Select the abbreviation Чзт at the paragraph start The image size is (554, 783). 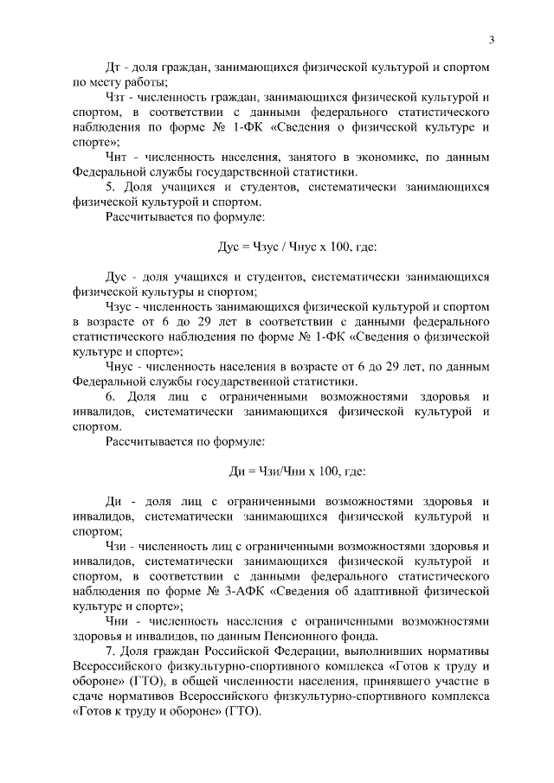click(117, 98)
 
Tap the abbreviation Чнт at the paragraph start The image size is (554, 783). click(117, 157)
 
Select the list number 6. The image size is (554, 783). click(109, 397)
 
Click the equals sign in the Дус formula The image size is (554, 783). click(245, 247)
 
